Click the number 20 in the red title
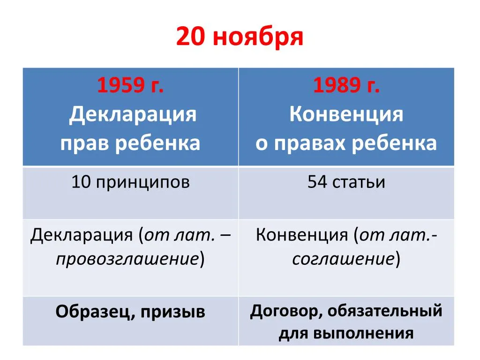(x=190, y=37)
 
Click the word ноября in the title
(x=258, y=38)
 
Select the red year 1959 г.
(x=130, y=85)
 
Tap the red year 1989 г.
(x=346, y=85)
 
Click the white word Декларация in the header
(x=133, y=114)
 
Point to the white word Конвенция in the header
(x=346, y=114)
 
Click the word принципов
(x=142, y=184)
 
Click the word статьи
(x=359, y=183)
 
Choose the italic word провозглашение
(x=127, y=259)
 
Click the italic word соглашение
(x=343, y=259)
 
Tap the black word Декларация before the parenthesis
(x=82, y=236)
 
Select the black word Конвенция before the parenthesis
(x=301, y=235)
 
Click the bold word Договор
(x=286, y=312)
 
